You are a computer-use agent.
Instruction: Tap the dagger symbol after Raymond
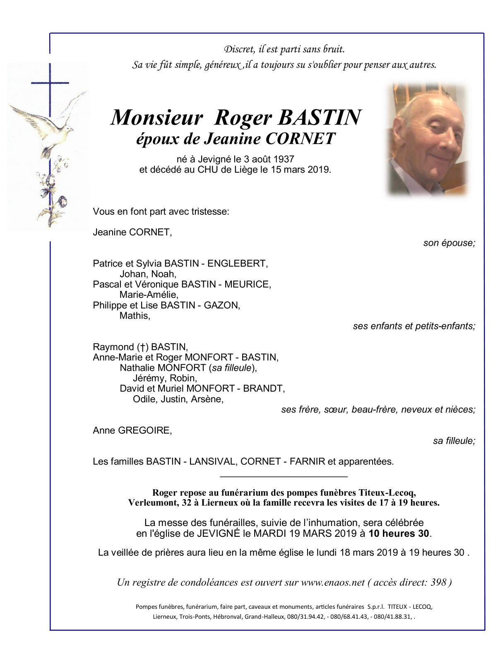pos(142,347)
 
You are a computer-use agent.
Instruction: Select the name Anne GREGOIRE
pos(132,430)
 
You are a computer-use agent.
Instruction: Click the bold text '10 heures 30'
pos(399,534)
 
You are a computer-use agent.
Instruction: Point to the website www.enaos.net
pos(333,583)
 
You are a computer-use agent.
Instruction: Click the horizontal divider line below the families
pos(284,477)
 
